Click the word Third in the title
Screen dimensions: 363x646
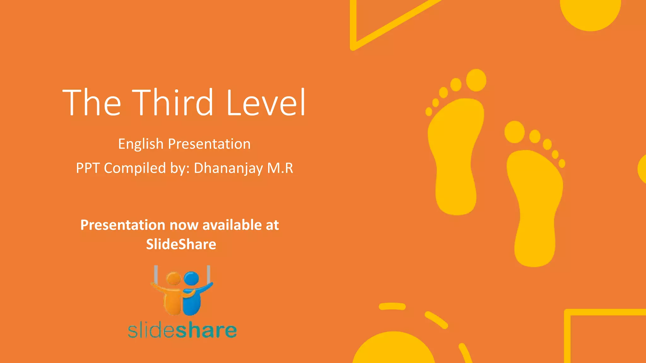[x=173, y=102]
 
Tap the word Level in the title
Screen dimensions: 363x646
[x=266, y=102]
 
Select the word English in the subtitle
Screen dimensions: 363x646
[x=141, y=144]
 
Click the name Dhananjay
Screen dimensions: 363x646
[x=228, y=168]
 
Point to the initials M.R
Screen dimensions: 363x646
[x=280, y=168]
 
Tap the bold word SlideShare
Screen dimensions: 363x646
[x=181, y=244]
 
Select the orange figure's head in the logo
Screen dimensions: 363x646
[x=173, y=279]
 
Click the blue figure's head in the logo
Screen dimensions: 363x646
[x=191, y=279]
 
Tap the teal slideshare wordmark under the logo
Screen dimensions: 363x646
[x=182, y=330]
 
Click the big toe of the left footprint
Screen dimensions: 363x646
[x=476, y=80]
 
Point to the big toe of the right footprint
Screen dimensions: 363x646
[x=514, y=132]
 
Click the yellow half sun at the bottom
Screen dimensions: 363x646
[x=394, y=350]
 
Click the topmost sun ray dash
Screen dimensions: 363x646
[x=392, y=306]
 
